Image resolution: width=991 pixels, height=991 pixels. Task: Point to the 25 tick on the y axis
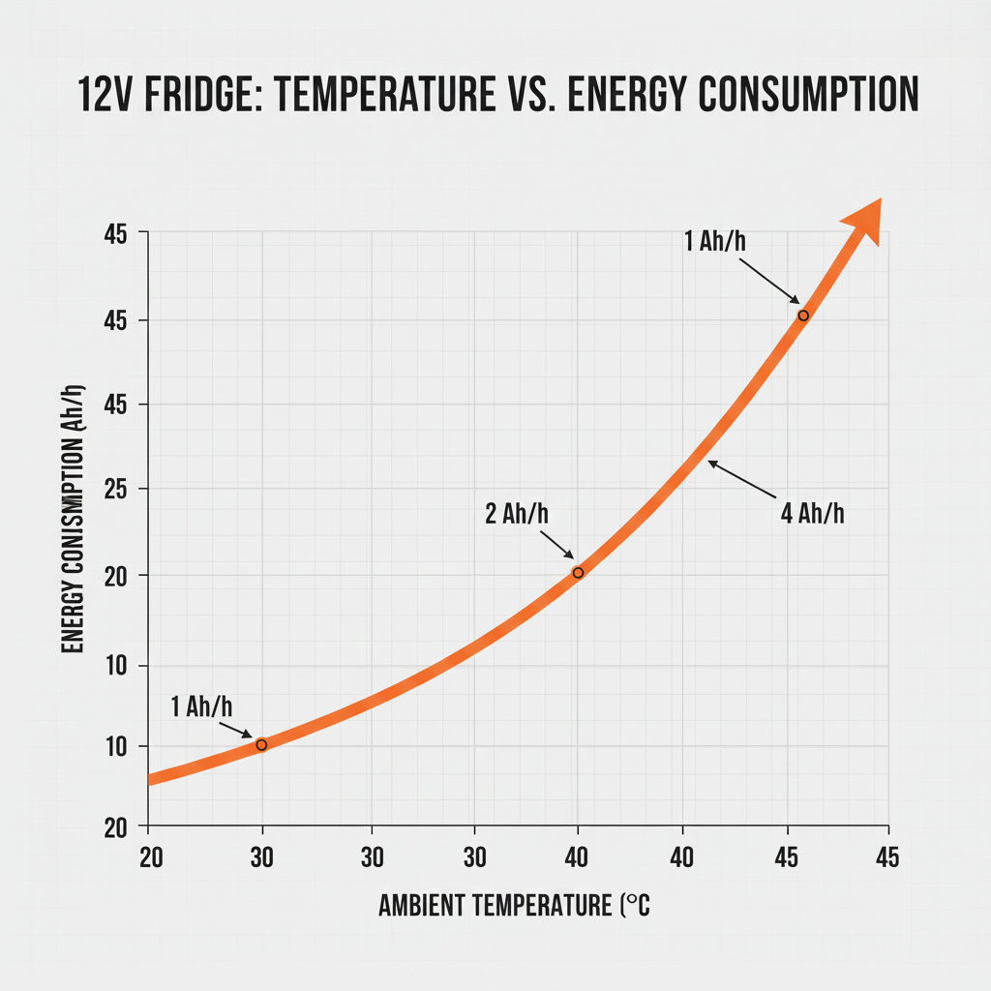click(x=117, y=490)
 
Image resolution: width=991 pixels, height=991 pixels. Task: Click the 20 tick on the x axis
click(x=150, y=856)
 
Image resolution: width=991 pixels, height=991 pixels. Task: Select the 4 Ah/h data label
click(x=812, y=513)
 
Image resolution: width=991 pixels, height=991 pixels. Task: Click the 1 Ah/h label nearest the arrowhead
click(x=715, y=241)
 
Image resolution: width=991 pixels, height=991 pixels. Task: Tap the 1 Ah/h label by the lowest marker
click(x=203, y=706)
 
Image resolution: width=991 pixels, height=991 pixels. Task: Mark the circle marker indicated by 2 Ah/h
click(x=578, y=573)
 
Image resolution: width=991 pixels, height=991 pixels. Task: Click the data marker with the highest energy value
click(x=802, y=315)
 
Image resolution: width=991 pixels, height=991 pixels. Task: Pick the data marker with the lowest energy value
click(x=261, y=744)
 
